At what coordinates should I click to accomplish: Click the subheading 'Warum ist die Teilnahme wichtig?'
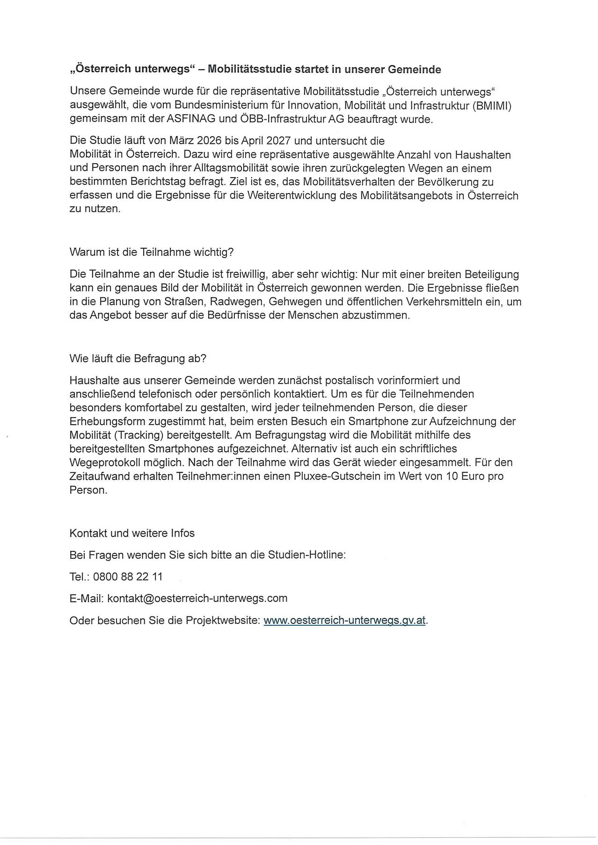coord(151,252)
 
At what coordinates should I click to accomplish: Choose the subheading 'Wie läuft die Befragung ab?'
coord(138,359)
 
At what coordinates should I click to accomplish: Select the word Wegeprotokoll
coord(105,462)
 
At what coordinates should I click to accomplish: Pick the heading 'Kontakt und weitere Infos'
coord(132,533)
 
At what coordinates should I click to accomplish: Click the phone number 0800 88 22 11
coord(128,577)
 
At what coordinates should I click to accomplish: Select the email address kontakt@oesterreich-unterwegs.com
coord(197,598)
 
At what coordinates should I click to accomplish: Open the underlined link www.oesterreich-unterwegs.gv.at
coord(344,621)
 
